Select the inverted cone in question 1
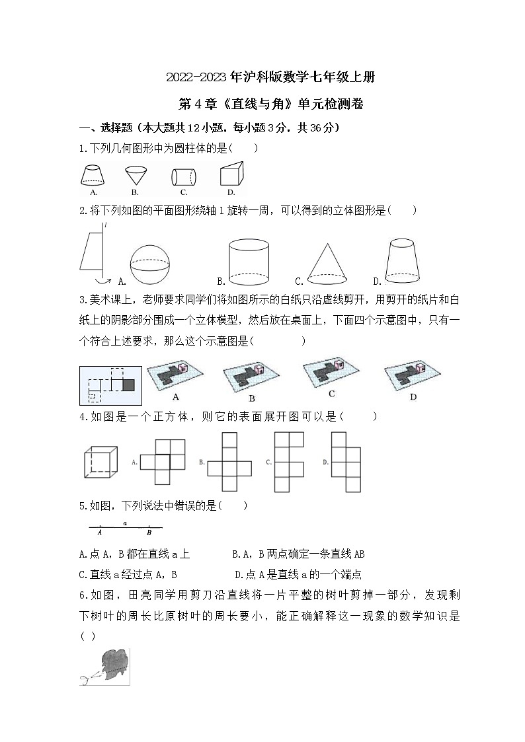point(135,176)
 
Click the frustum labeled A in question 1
point(93,176)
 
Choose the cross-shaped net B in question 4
point(229,461)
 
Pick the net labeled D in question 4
point(346,461)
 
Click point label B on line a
point(149,532)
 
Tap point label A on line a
point(99,532)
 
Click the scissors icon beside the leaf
point(87,678)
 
